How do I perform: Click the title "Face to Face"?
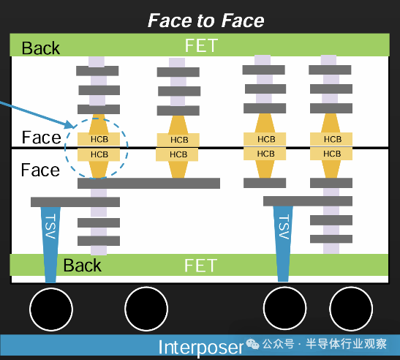pyautogui.click(x=206, y=20)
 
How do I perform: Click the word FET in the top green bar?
pyautogui.click(x=201, y=45)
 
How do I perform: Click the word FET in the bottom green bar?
pyautogui.click(x=201, y=265)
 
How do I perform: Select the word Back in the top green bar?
pyautogui.click(x=41, y=48)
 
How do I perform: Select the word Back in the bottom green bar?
pyautogui.click(x=82, y=265)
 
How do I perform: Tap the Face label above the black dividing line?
pyautogui.click(x=41, y=138)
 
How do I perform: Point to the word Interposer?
pyautogui.click(x=200, y=347)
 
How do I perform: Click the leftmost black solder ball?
pyautogui.click(x=50, y=309)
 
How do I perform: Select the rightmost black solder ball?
pyautogui.click(x=352, y=309)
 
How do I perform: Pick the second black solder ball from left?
pyautogui.click(x=147, y=309)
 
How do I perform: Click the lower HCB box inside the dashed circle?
pyautogui.click(x=99, y=154)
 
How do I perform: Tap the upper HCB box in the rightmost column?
pyautogui.click(x=332, y=139)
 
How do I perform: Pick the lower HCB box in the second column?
pyautogui.click(x=178, y=154)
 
